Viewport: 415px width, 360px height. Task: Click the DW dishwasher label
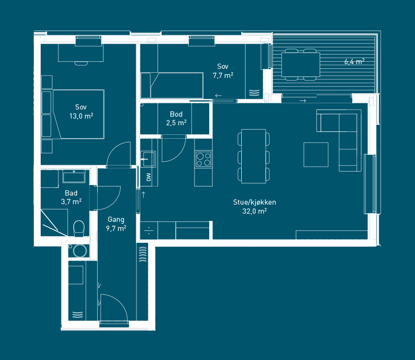pyautogui.click(x=149, y=177)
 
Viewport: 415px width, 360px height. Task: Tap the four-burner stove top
pyautogui.click(x=203, y=159)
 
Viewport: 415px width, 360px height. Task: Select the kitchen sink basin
pyautogui.click(x=148, y=159)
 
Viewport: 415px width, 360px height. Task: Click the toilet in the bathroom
pyautogui.click(x=79, y=229)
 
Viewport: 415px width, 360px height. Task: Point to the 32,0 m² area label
pyautogui.click(x=254, y=211)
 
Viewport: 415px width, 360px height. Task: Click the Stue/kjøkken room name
pyautogui.click(x=254, y=202)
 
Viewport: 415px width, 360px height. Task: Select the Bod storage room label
pyautogui.click(x=176, y=114)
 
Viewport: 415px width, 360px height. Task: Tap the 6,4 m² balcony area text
pyautogui.click(x=354, y=62)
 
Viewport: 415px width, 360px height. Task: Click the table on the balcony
pyautogui.click(x=301, y=65)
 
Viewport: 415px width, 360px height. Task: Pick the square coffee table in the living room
pyautogui.click(x=316, y=154)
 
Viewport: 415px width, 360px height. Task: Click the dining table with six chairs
pyautogui.click(x=254, y=156)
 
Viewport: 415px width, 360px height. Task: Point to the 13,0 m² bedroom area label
pyautogui.click(x=81, y=116)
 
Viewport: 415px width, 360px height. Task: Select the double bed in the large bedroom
pyautogui.click(x=73, y=114)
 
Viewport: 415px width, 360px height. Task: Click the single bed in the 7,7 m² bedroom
pyautogui.click(x=172, y=86)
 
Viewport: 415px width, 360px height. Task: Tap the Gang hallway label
pyautogui.click(x=116, y=219)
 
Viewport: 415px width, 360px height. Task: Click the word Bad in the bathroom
pyautogui.click(x=71, y=193)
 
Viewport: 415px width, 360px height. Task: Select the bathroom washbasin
pyautogui.click(x=74, y=176)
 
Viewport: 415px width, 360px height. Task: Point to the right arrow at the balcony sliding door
pyautogui.click(x=303, y=101)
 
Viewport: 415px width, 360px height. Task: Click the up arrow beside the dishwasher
pyautogui.click(x=144, y=195)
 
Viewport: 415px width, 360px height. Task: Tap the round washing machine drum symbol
pyautogui.click(x=80, y=251)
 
